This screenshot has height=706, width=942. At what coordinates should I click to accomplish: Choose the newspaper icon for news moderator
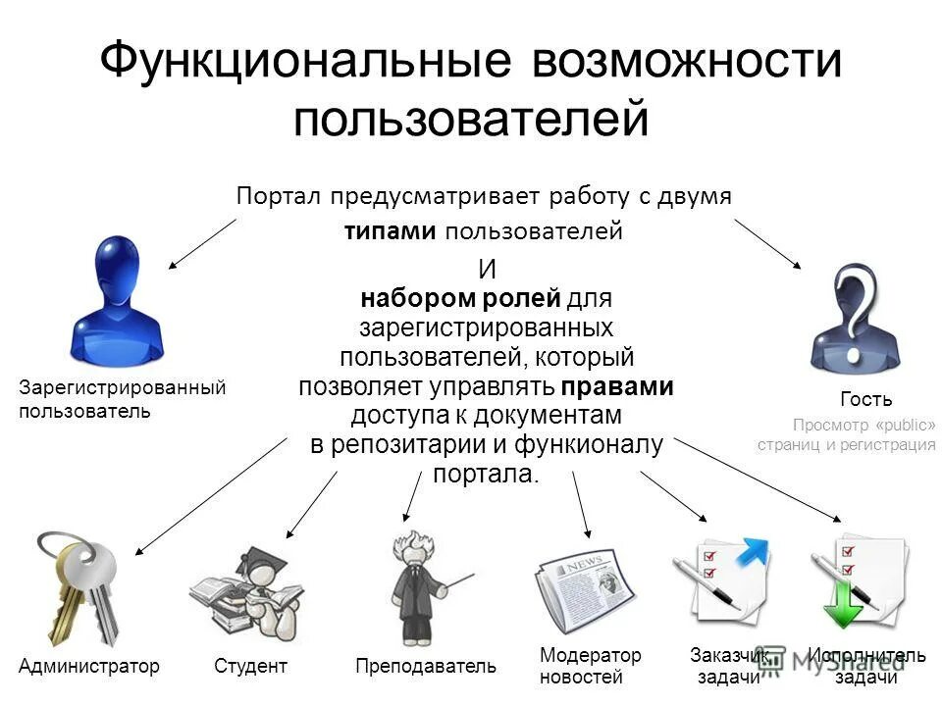tap(584, 587)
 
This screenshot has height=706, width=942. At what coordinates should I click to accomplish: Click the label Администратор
tap(88, 667)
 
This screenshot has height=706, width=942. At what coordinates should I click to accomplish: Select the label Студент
tap(250, 667)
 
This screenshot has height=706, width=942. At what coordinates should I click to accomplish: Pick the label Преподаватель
tap(426, 667)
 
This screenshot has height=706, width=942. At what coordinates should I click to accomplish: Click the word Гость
tap(866, 399)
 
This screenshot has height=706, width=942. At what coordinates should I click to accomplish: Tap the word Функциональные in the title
tap(304, 61)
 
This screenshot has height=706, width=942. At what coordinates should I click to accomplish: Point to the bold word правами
tap(618, 386)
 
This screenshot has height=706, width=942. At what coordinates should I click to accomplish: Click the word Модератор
tap(591, 655)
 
